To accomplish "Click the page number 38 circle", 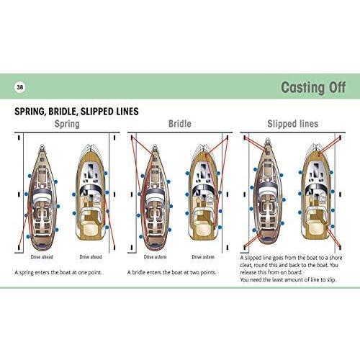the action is click(20, 87).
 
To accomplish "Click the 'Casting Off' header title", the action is click(313, 87).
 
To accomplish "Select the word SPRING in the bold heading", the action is click(30, 112).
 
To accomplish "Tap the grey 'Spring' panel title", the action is click(67, 124).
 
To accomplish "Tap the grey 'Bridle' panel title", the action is click(180, 124).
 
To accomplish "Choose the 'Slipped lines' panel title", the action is click(292, 124).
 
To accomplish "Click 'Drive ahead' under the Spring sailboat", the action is click(42, 257).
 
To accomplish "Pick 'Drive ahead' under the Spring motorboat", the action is click(91, 257).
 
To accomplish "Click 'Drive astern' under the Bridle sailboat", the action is click(155, 257).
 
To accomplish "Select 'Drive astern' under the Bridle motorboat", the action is click(203, 257).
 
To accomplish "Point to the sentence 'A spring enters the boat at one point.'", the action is click(58, 272).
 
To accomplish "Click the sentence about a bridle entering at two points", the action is click(171, 272).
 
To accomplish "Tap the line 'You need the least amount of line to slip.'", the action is click(288, 279).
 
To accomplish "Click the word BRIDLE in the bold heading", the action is click(63, 112).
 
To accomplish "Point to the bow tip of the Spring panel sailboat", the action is click(42, 145).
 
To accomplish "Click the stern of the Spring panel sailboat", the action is click(42, 246).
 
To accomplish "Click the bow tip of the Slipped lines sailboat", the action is click(268, 140).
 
